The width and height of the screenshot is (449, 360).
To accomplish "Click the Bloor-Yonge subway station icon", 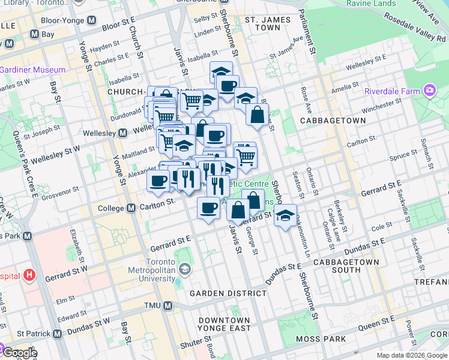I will click(91, 20).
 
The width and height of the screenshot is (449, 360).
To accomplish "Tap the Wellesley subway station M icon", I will click(122, 132).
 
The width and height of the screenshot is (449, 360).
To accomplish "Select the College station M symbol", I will click(131, 209).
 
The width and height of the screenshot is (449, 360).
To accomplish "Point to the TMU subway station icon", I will click(168, 306).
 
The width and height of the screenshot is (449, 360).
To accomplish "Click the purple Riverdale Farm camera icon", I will click(429, 91).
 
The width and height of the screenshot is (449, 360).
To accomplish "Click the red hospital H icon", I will click(29, 277).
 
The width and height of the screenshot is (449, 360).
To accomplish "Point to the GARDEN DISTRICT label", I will click(228, 293).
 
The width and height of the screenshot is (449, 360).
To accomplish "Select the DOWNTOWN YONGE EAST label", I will click(224, 324).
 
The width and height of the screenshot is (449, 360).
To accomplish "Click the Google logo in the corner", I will click(20, 353).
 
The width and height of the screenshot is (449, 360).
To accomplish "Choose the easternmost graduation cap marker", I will click(286, 214).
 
